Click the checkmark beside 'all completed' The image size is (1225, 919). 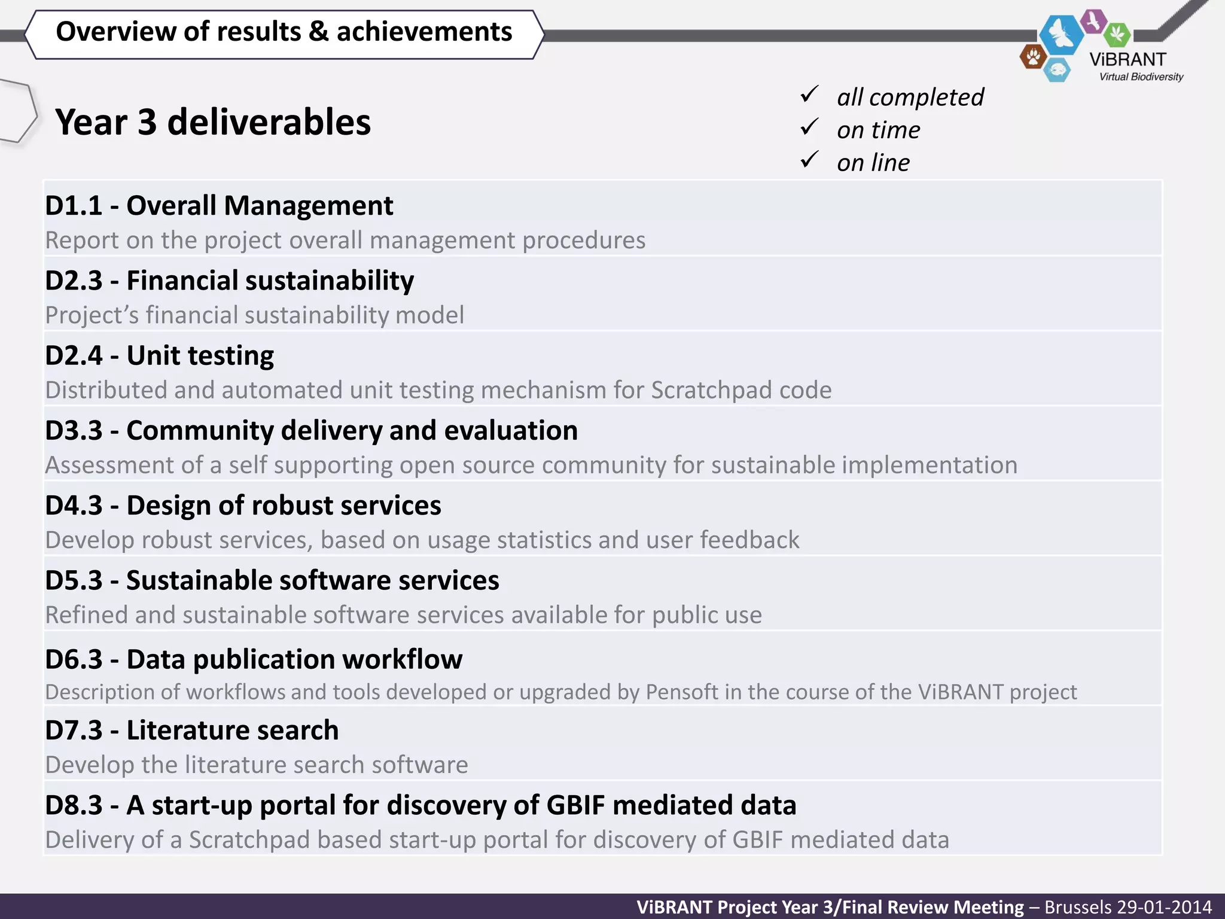pyautogui.click(x=809, y=95)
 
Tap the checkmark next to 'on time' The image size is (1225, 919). pyautogui.click(x=809, y=127)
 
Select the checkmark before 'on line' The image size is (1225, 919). pyautogui.click(x=809, y=160)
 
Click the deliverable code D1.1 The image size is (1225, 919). pyautogui.click(x=74, y=206)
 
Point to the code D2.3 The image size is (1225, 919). pyautogui.click(x=74, y=281)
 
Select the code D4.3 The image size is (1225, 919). pyautogui.click(x=74, y=506)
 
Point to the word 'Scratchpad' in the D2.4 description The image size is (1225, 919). pyautogui.click(x=706, y=390)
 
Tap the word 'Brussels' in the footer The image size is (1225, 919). pyautogui.click(x=1075, y=907)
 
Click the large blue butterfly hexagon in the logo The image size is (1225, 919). pyautogui.click(x=1061, y=34)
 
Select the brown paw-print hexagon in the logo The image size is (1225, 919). pyautogui.click(x=1033, y=57)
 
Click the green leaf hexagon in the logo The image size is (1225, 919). pyautogui.click(x=1117, y=34)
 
